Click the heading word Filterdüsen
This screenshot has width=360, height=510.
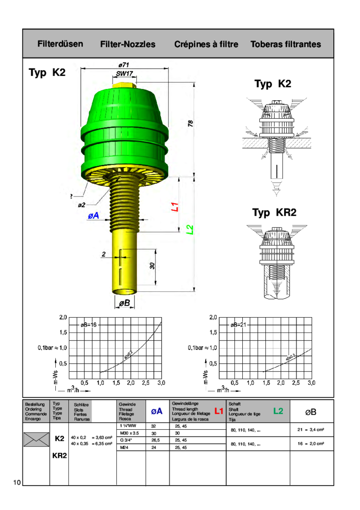60,44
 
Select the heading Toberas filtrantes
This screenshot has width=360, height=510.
285,45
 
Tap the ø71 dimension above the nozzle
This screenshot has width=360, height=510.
124,64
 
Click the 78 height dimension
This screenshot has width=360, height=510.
190,123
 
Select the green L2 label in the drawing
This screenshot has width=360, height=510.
190,229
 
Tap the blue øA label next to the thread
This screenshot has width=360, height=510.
93,215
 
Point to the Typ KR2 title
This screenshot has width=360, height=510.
274,213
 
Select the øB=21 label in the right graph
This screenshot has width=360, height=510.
238,325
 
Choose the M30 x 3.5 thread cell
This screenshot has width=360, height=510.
130,433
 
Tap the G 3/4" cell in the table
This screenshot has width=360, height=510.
127,441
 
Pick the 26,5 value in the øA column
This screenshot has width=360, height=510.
156,441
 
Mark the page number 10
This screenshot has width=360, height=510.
17,483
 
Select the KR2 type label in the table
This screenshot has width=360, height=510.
60,455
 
